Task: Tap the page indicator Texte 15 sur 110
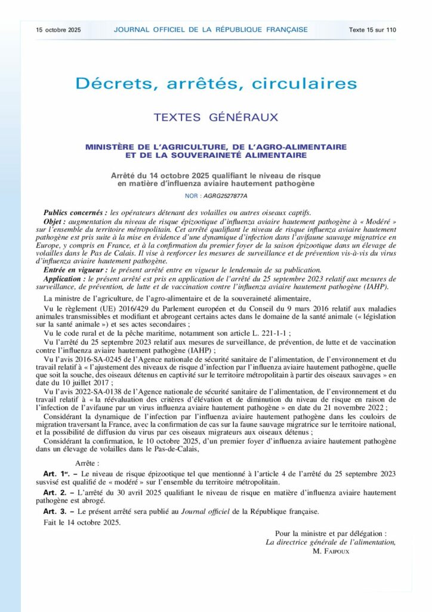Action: point(372,30)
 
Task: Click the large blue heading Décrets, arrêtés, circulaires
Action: point(216,83)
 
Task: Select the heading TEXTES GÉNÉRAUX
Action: point(216,117)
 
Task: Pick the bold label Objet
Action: point(55,221)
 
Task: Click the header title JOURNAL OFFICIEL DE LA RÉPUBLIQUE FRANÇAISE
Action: point(211,30)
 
